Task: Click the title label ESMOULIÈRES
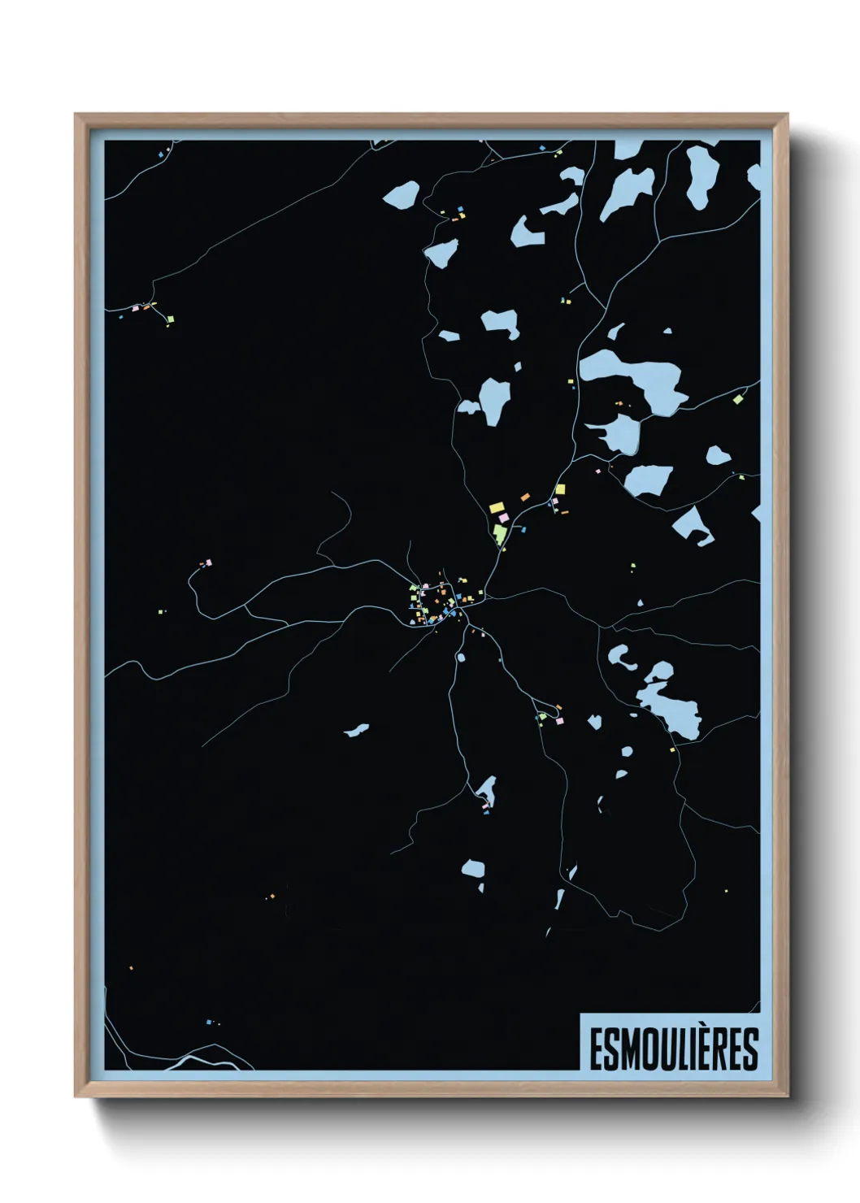click(x=673, y=1049)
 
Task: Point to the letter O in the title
click(x=645, y=1049)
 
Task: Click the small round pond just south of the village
click(x=461, y=657)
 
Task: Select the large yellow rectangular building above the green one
click(x=497, y=507)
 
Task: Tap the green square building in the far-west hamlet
click(x=170, y=319)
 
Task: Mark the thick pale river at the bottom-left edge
click(x=203, y=1062)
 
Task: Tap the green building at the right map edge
click(x=737, y=398)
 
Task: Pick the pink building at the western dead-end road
click(x=208, y=562)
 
